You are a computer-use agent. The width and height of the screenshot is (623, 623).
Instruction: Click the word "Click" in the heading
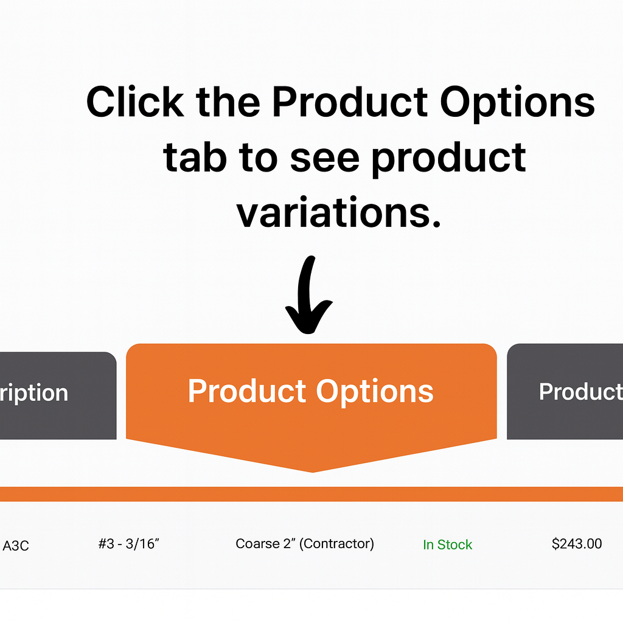[x=135, y=102]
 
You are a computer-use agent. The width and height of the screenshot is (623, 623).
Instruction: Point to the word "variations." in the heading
[x=338, y=212]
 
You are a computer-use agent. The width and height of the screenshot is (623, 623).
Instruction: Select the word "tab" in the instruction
[x=195, y=158]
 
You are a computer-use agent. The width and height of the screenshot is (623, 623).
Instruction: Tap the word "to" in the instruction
[x=258, y=159]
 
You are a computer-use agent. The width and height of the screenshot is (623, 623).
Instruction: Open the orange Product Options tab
[x=311, y=402]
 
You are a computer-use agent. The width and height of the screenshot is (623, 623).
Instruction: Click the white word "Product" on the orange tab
[x=247, y=391]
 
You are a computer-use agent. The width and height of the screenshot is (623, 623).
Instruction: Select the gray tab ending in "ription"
[x=58, y=395]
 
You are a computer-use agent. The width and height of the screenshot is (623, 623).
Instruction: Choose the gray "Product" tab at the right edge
[x=565, y=391]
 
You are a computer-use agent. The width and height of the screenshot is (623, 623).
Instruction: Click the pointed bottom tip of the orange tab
[x=312, y=472]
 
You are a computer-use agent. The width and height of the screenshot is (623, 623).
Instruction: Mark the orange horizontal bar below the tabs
[x=311, y=494]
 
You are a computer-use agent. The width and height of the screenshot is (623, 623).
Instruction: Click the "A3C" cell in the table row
[x=16, y=546]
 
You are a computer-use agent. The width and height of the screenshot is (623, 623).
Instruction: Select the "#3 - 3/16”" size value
[x=129, y=543]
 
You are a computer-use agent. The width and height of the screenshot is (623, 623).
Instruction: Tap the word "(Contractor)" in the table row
[x=336, y=543]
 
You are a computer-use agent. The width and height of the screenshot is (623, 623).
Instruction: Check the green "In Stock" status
[x=447, y=545]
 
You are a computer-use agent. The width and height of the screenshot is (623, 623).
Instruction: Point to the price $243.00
[x=577, y=543]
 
